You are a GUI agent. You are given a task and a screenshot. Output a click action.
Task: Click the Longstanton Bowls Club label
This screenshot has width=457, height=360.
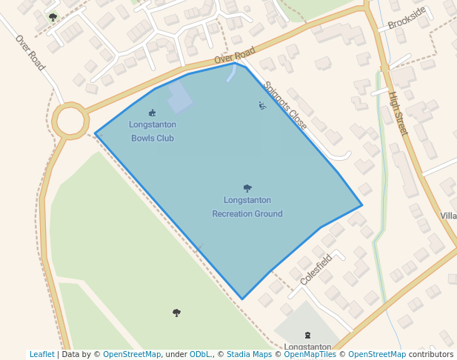coord(153,131)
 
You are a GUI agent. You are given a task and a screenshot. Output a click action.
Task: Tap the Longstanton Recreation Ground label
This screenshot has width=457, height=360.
coord(247,207)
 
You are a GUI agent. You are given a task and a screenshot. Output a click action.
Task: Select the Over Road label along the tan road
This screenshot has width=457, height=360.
coord(234,54)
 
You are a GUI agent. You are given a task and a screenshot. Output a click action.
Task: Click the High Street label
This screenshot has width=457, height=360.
coord(398,114)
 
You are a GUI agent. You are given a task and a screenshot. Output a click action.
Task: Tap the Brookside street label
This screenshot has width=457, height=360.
coord(407,19)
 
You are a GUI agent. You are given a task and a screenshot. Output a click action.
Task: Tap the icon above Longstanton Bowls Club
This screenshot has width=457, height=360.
coord(153,113)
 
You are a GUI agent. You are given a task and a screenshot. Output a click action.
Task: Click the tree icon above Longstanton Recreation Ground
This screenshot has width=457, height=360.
coord(247,188)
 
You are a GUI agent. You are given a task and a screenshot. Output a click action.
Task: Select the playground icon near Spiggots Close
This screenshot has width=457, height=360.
coord(261,105)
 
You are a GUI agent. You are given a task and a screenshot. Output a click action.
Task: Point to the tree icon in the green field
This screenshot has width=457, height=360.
coord(176,313)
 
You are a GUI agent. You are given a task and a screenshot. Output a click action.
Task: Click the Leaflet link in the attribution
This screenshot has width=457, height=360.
coord(41,355)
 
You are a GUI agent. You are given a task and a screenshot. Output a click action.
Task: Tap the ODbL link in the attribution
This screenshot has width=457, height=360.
coord(200,355)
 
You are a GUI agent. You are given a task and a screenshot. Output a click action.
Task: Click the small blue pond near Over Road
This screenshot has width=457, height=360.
coord(231,73)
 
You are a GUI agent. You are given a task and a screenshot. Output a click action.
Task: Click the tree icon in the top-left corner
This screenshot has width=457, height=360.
coord(52,17)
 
